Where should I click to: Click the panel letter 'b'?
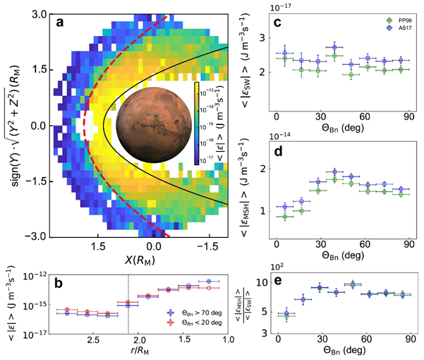(61, 282)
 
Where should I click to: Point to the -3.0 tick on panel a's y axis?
(39, 236)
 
